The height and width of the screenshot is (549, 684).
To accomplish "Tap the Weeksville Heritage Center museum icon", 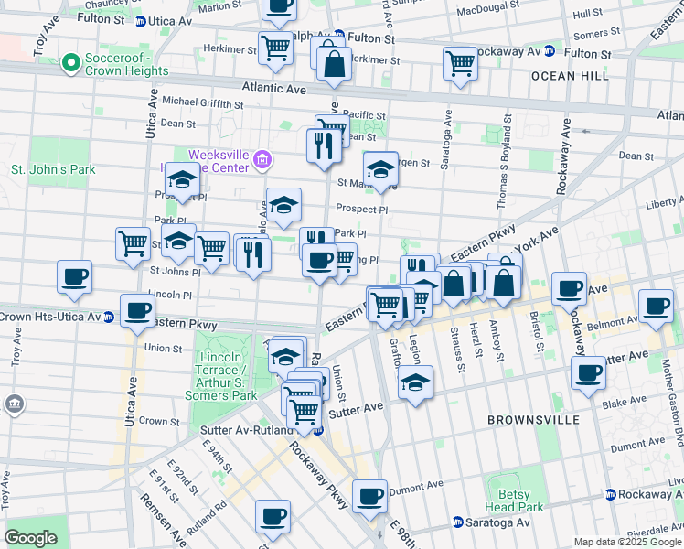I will coord(262,161).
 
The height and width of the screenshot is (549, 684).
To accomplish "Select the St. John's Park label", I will coord(52,170).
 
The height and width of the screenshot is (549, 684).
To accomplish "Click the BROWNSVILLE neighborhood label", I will coord(533,420).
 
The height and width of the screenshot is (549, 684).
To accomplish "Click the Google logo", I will coord(30,538).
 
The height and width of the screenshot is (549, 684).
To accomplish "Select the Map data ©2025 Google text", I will coord(627,542).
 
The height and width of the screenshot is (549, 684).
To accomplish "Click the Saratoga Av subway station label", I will coord(498,522).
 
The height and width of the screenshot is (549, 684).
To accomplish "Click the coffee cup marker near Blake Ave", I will coord(587,371).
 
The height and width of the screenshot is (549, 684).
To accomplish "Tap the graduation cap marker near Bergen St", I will coord(380,167).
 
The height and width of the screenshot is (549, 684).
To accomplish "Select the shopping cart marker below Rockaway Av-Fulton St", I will coord(459,63).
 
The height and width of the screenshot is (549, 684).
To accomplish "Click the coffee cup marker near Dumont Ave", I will coord(370,497).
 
